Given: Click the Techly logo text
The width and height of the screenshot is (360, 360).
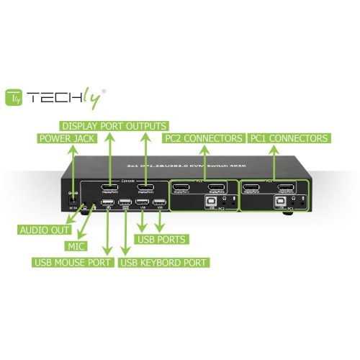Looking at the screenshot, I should click(x=68, y=96).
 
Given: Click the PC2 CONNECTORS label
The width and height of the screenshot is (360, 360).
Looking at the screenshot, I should click(x=204, y=138).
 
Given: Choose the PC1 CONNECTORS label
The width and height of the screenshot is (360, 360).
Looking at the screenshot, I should click(x=289, y=138).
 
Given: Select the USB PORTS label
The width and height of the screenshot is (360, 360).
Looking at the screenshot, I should click(x=163, y=238).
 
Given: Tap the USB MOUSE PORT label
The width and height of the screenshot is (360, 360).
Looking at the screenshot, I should click(x=73, y=262).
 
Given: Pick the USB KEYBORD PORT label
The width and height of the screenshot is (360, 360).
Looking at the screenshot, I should click(x=163, y=262).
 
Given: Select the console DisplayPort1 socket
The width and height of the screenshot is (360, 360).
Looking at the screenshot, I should click(x=144, y=189).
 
